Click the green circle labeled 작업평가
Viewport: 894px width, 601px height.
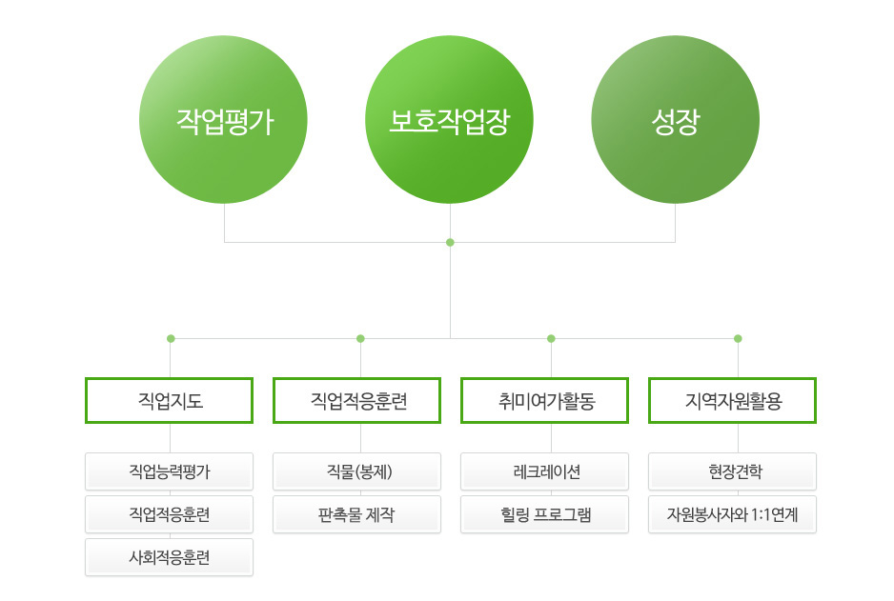coord(223,120)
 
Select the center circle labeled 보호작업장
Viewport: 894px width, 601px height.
coord(449,120)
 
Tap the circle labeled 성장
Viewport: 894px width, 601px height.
coord(675,120)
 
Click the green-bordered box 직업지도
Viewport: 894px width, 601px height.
coord(170,400)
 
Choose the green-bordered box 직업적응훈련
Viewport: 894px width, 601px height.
coord(356,400)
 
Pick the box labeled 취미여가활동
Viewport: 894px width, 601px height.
coord(544,400)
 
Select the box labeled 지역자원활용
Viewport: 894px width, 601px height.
coord(733,400)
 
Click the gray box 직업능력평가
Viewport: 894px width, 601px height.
coord(170,471)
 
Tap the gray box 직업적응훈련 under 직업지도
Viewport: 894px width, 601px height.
coord(170,514)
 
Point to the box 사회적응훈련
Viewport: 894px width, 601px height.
coord(170,557)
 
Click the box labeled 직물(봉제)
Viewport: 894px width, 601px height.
coord(356,471)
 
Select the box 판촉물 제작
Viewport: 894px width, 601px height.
coord(356,514)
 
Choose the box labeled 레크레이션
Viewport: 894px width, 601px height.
coord(544,471)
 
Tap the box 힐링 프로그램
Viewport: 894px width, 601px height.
coord(544,514)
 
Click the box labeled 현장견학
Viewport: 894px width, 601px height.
coord(733,471)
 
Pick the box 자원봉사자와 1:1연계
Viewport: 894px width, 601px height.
coord(733,514)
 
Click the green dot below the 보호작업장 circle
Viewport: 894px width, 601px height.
coord(450,243)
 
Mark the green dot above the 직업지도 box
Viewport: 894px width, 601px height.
coord(171,338)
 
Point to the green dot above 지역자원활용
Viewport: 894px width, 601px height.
coord(738,338)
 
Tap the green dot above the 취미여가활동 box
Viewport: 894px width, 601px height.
coord(551,338)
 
